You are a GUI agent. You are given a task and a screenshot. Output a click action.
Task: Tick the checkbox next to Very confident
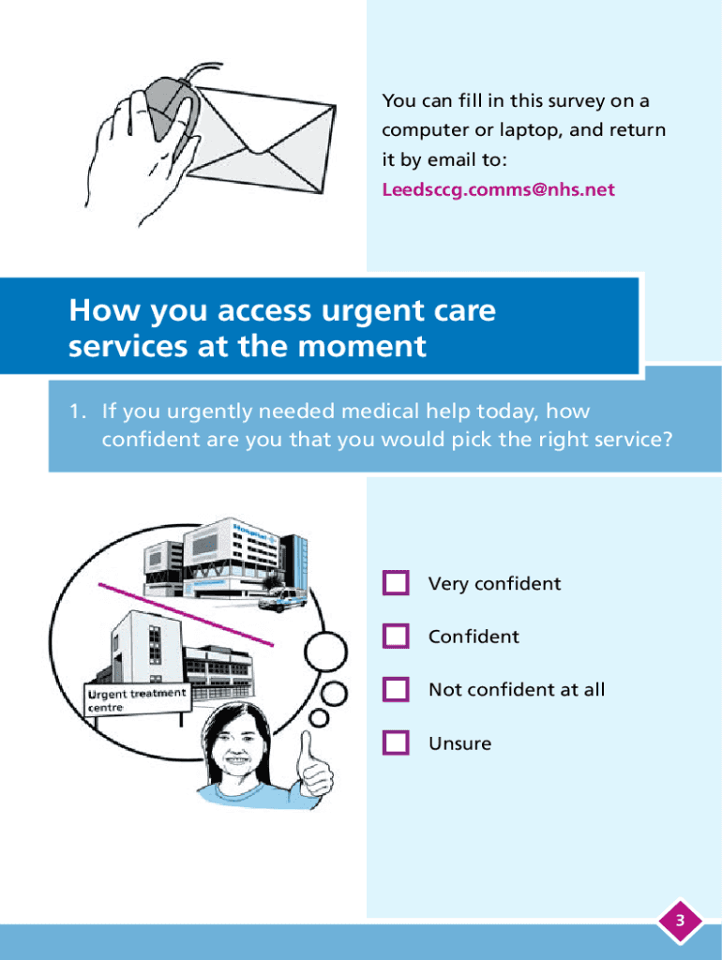tap(396, 583)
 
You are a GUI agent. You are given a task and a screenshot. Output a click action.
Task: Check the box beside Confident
tap(396, 637)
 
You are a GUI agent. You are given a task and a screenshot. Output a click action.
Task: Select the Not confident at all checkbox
tap(396, 690)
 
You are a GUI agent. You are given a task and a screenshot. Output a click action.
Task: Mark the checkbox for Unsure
tap(396, 743)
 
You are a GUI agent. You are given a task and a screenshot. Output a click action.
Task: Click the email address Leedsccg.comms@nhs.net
tap(498, 189)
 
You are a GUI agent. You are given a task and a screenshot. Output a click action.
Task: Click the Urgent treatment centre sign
tap(136, 699)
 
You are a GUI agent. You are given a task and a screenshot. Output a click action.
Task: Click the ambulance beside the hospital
tap(282, 597)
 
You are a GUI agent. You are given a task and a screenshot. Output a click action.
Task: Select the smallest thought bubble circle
tap(320, 718)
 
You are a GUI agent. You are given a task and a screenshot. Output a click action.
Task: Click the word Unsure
tap(459, 743)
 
